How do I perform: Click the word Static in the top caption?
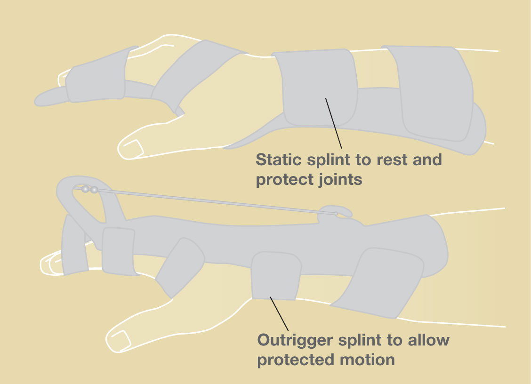tap(279, 160)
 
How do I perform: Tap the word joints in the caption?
tap(341, 179)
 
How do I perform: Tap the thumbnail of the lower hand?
tap(121, 340)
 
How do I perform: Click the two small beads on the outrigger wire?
tap(90, 189)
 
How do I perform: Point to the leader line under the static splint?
tap(334, 123)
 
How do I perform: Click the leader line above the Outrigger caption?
tap(279, 314)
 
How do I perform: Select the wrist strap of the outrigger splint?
tap(276, 276)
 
